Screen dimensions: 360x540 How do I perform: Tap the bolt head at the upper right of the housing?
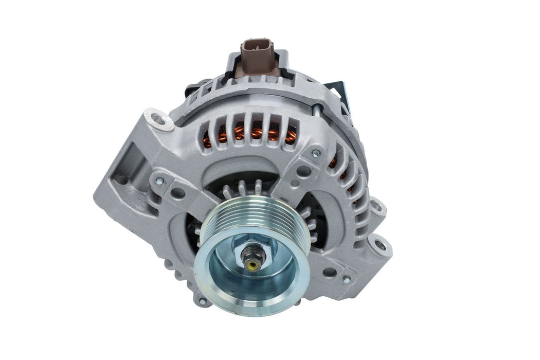[316, 153]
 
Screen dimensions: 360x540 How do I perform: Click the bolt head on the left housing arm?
[160, 181]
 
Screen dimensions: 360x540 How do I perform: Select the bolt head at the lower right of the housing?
[346, 279]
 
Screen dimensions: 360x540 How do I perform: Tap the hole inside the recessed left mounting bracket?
[121, 179]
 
